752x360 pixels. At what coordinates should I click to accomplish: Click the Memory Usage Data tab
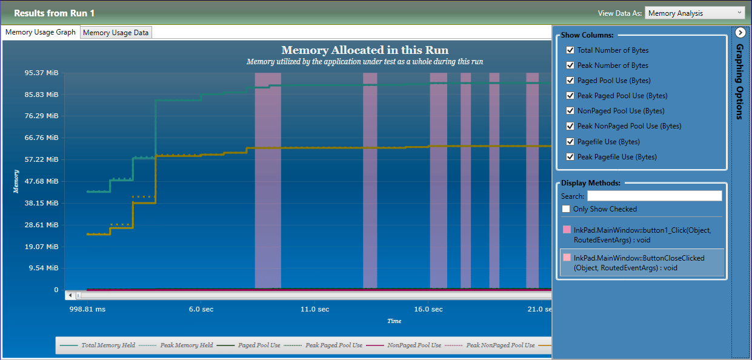point(116,33)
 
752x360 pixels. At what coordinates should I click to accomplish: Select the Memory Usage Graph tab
point(41,32)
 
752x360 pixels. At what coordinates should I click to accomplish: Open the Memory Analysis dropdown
point(695,13)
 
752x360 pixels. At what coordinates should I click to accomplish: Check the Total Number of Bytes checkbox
point(570,50)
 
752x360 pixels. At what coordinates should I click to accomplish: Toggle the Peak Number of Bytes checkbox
point(570,65)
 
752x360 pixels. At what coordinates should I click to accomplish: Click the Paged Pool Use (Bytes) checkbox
point(570,81)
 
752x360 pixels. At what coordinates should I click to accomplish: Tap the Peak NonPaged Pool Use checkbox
point(570,126)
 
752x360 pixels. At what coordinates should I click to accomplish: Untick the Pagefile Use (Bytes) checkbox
point(570,142)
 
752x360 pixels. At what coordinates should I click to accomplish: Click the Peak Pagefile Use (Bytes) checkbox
point(570,157)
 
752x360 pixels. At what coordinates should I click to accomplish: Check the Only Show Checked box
point(566,209)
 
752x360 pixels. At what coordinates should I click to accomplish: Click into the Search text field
point(654,196)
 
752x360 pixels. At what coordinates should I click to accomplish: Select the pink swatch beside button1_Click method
point(567,230)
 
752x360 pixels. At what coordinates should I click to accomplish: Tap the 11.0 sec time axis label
point(315,309)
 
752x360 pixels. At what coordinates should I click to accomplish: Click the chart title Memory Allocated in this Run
point(365,50)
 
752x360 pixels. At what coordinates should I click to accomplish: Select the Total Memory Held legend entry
point(101,345)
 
